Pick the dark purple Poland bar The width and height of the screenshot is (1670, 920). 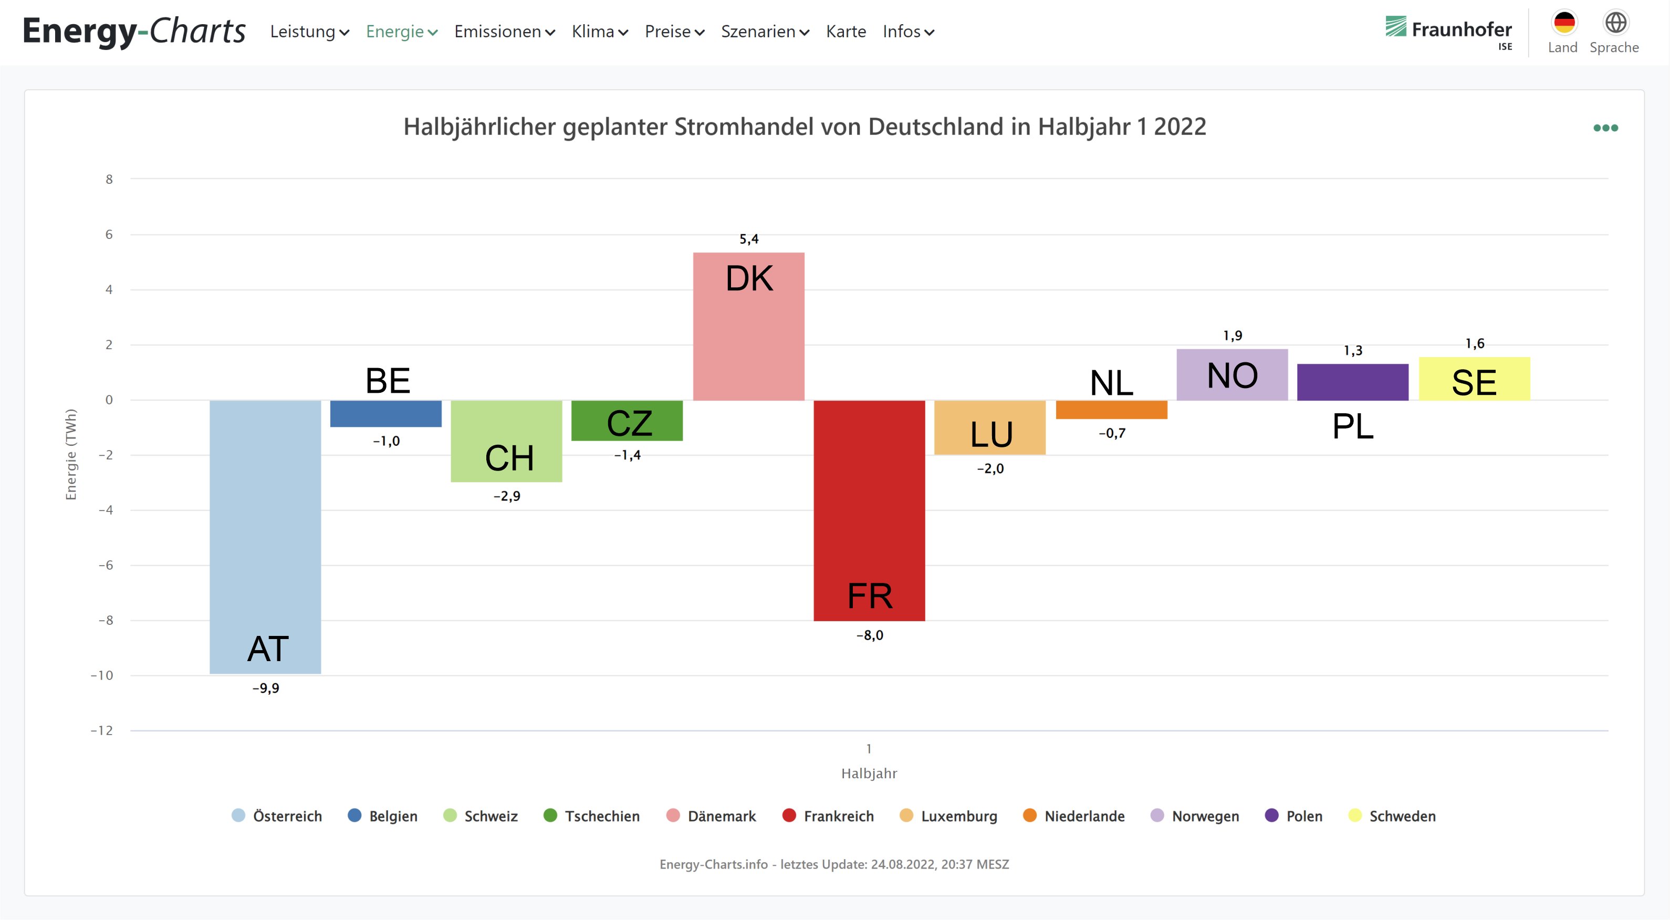[1352, 382]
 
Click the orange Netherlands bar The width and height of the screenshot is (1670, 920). [1111, 410]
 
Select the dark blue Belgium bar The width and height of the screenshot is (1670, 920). [386, 414]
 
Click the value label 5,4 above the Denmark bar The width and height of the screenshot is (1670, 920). [749, 239]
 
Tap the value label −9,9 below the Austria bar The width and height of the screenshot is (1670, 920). [266, 688]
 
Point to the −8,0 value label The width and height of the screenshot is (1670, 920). [869, 635]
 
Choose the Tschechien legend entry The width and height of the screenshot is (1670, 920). [592, 816]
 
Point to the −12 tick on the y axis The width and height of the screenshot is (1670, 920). [102, 730]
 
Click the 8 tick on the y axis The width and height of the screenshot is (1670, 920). [109, 180]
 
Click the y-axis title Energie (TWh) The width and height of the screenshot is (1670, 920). [71, 454]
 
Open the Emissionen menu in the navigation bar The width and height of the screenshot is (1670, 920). [504, 32]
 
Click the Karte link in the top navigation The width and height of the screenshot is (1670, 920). [846, 32]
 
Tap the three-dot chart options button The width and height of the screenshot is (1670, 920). [1605, 128]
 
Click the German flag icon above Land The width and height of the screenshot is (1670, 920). [1564, 23]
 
